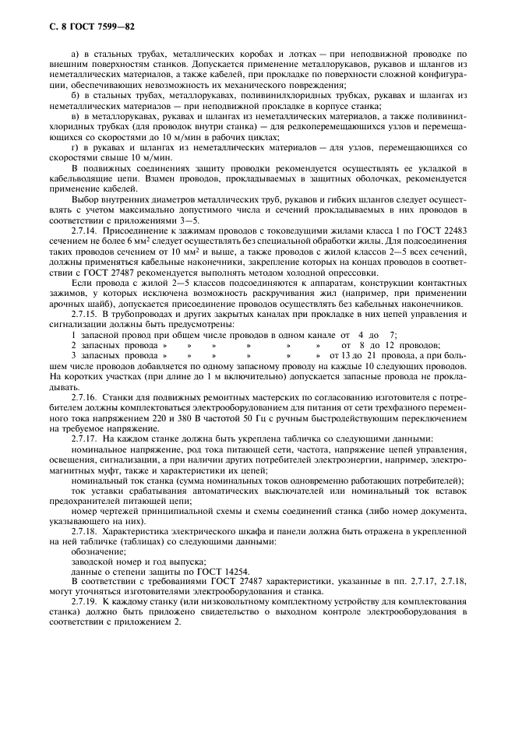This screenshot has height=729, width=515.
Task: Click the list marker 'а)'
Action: click(76, 52)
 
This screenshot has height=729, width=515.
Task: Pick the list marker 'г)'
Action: click(75, 147)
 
